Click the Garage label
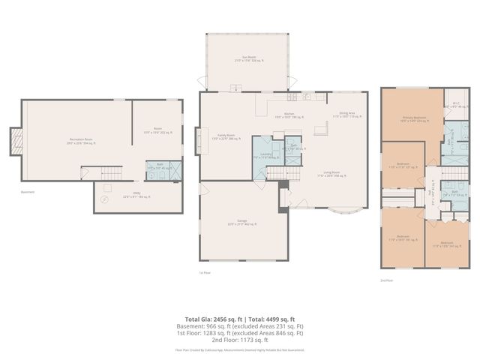point(242,223)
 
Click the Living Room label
point(333,175)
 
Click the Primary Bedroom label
point(409,118)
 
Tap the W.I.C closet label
point(455,105)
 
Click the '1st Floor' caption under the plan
point(204,272)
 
